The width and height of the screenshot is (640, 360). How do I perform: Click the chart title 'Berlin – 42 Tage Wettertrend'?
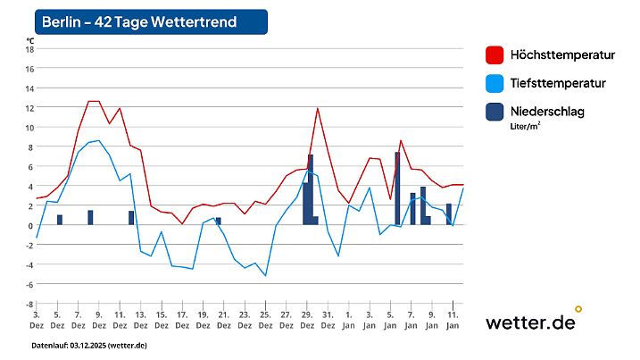click(x=139, y=21)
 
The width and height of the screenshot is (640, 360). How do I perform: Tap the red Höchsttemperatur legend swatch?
click(x=495, y=55)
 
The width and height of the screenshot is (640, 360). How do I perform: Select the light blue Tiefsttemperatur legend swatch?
click(x=495, y=84)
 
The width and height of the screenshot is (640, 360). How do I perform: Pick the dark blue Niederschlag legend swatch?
click(x=495, y=112)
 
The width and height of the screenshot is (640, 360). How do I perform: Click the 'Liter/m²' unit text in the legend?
click(x=526, y=127)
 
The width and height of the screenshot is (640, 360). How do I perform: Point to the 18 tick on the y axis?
click(x=29, y=48)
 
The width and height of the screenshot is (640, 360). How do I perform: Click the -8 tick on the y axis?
click(x=29, y=304)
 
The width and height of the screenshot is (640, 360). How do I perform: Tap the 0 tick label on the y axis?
click(x=30, y=225)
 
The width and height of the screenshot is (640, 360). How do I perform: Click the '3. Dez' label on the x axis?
click(x=37, y=320)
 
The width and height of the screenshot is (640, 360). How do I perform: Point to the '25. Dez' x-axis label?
click(x=264, y=320)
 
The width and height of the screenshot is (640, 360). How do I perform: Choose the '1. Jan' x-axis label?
click(x=348, y=320)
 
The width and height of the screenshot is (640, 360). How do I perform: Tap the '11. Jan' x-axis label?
click(x=452, y=320)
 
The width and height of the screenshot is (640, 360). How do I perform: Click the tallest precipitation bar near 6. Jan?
click(x=397, y=189)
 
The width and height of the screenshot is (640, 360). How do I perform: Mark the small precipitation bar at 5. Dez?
click(x=59, y=220)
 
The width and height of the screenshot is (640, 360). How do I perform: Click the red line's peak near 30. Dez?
click(x=317, y=108)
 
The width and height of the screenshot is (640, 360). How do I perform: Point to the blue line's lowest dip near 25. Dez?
click(x=265, y=275)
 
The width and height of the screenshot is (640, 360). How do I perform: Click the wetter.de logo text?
click(x=530, y=323)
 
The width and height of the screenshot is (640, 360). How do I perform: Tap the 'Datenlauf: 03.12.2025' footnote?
click(x=89, y=345)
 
